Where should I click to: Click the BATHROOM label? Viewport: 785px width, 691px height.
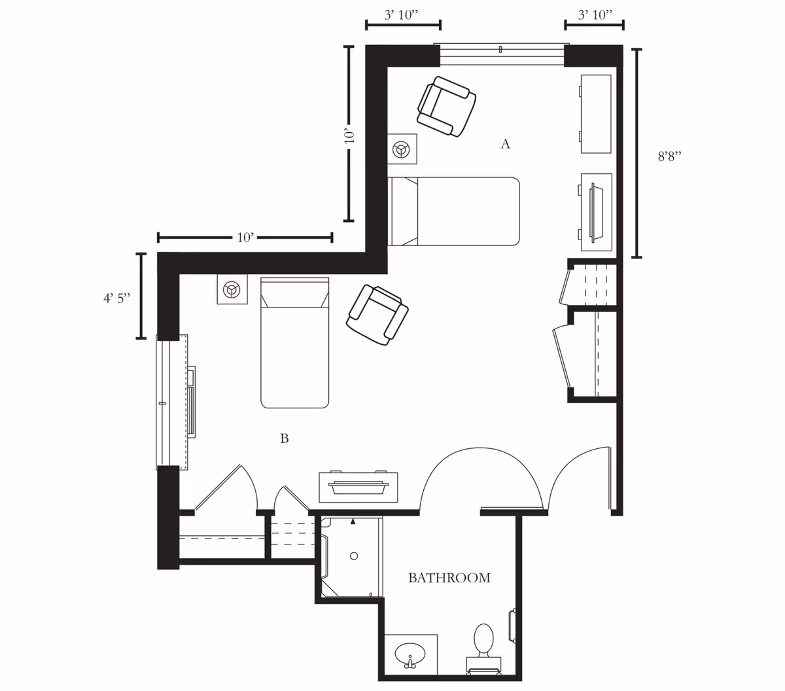point(449,578)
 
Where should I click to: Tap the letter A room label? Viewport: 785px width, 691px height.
point(505,144)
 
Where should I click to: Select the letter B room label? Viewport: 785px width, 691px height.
point(285,438)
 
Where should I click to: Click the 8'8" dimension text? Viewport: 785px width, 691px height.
point(669,157)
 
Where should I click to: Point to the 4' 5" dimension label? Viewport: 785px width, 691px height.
point(116,298)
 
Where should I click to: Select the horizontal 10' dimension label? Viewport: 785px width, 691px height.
point(245,238)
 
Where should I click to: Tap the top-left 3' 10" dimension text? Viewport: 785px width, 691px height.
point(402,15)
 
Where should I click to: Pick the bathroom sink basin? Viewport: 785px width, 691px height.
point(410,653)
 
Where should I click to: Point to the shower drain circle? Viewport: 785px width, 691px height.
point(354,556)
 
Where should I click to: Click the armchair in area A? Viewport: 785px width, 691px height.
point(447,106)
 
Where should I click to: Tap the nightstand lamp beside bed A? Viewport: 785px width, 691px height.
point(402,151)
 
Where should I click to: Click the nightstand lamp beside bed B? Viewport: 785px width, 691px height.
point(232,289)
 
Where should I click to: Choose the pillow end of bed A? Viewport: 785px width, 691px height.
point(404,211)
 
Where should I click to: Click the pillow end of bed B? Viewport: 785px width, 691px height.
point(294,293)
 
